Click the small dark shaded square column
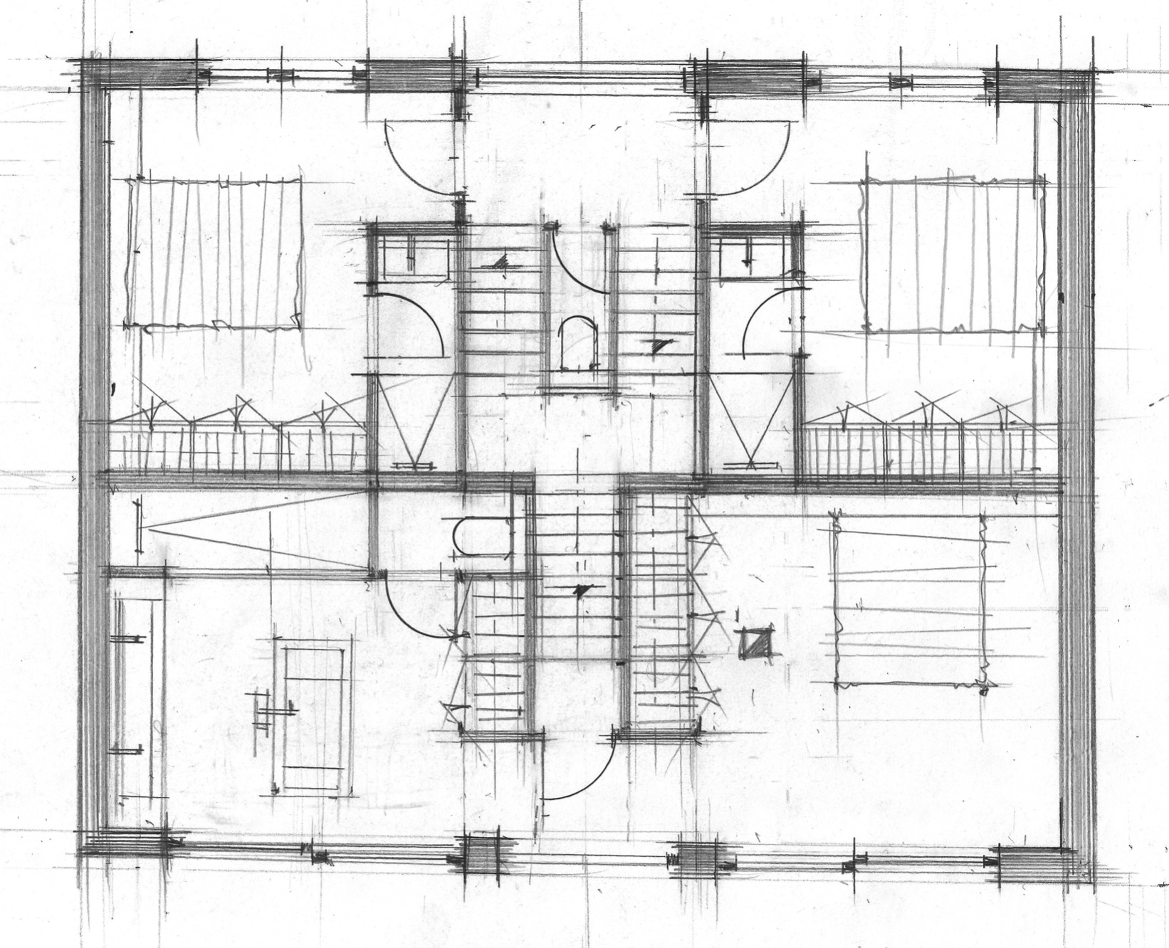(755, 643)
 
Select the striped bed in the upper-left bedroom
(214, 253)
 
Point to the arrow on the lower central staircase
(582, 589)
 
